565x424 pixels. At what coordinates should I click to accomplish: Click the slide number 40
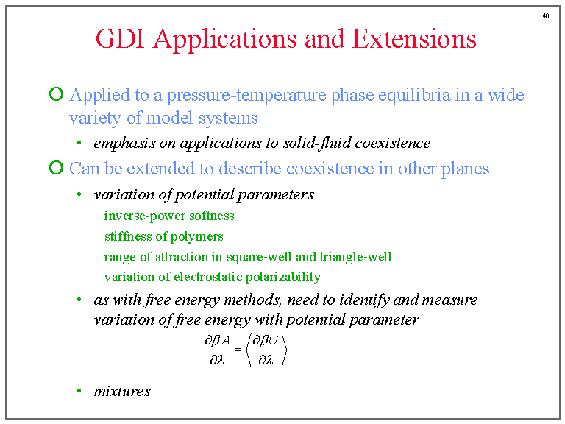[545, 15]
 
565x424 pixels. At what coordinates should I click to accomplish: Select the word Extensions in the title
[414, 39]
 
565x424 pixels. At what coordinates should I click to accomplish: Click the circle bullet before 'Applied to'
[56, 95]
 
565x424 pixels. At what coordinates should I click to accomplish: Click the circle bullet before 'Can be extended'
[56, 168]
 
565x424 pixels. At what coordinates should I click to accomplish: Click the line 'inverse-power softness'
[169, 216]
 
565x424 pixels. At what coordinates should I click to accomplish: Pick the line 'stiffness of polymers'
[164, 236]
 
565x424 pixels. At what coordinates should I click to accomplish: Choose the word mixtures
[122, 391]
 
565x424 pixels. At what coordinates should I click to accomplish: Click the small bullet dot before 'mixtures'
[79, 391]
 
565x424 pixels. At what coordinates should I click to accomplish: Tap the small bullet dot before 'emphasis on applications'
[79, 143]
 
